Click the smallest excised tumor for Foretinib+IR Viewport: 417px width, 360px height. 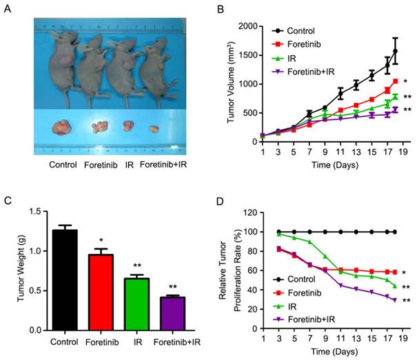tap(154, 128)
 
